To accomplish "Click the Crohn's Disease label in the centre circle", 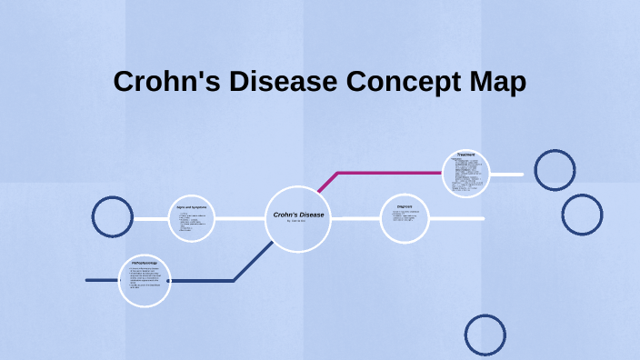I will click(298, 215).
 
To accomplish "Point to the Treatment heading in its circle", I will click(466, 155).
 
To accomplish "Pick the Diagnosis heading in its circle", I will click(405, 206).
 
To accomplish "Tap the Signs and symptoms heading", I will click(192, 207).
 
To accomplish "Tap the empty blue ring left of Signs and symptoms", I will click(113, 217).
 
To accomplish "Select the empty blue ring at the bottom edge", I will click(485, 335).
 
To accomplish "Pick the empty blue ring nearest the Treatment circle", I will click(555, 170).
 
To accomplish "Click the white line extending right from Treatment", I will click(507, 174).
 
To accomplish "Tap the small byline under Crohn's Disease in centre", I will click(296, 221).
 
